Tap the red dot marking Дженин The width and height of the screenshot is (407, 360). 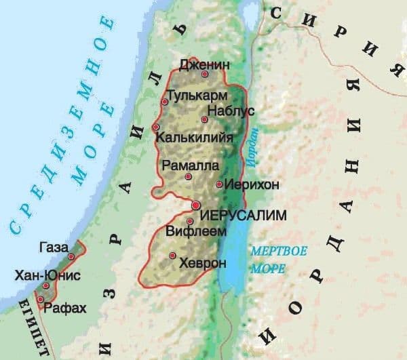point(204,75)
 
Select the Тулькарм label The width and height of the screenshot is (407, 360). point(195,95)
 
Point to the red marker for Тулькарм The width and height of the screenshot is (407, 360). point(164,102)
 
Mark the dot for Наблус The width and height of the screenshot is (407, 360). point(204,119)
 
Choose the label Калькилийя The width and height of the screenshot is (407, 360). point(195,138)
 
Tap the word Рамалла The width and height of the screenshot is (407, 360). point(191,165)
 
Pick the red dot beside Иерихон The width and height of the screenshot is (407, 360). point(218,184)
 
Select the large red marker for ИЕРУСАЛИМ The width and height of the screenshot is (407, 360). point(195,205)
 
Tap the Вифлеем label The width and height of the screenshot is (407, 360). point(217,231)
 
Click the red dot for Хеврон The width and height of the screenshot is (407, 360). point(173,256)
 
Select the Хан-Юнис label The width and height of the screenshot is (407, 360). point(47,275)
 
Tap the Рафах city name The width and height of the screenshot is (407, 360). point(65,308)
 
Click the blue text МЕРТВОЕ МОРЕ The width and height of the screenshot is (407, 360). point(275,259)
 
